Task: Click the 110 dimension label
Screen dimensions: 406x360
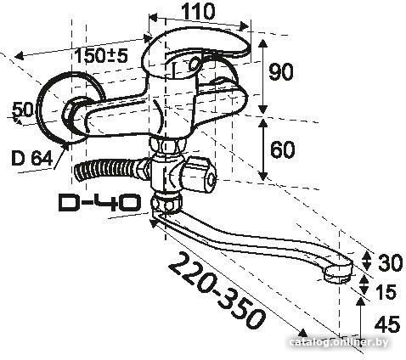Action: pos(198,12)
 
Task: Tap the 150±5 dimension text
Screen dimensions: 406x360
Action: pos(101,55)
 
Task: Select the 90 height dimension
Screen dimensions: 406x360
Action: pos(280,71)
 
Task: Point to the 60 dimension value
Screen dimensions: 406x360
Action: pos(282,149)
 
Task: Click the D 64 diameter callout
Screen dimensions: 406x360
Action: pos(32,158)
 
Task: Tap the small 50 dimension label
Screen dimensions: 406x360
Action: pos(24,110)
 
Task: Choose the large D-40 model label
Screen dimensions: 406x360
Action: pos(99,202)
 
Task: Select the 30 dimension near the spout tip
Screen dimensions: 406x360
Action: pos(390,262)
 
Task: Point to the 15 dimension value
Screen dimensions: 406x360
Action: pos(386,292)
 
